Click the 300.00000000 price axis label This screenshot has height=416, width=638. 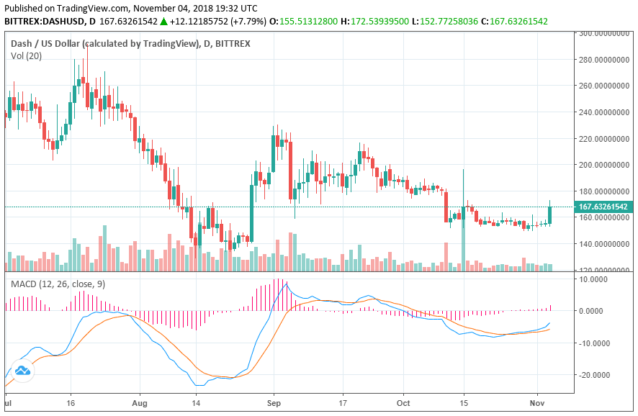604,33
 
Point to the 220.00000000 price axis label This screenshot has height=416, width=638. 604,138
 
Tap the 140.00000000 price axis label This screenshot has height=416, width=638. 604,244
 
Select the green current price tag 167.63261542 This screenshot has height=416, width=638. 604,207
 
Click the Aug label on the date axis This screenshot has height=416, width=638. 140,403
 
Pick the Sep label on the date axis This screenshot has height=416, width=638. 273,403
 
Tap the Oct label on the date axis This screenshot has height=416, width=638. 405,403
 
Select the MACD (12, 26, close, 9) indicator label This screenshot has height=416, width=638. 58,284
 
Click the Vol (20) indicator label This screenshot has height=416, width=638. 27,55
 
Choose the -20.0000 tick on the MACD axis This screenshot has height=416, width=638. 595,375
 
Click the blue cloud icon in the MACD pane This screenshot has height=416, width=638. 22,371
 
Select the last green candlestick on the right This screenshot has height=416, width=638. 550,214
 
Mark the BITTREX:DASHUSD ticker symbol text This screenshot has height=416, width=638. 40,21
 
